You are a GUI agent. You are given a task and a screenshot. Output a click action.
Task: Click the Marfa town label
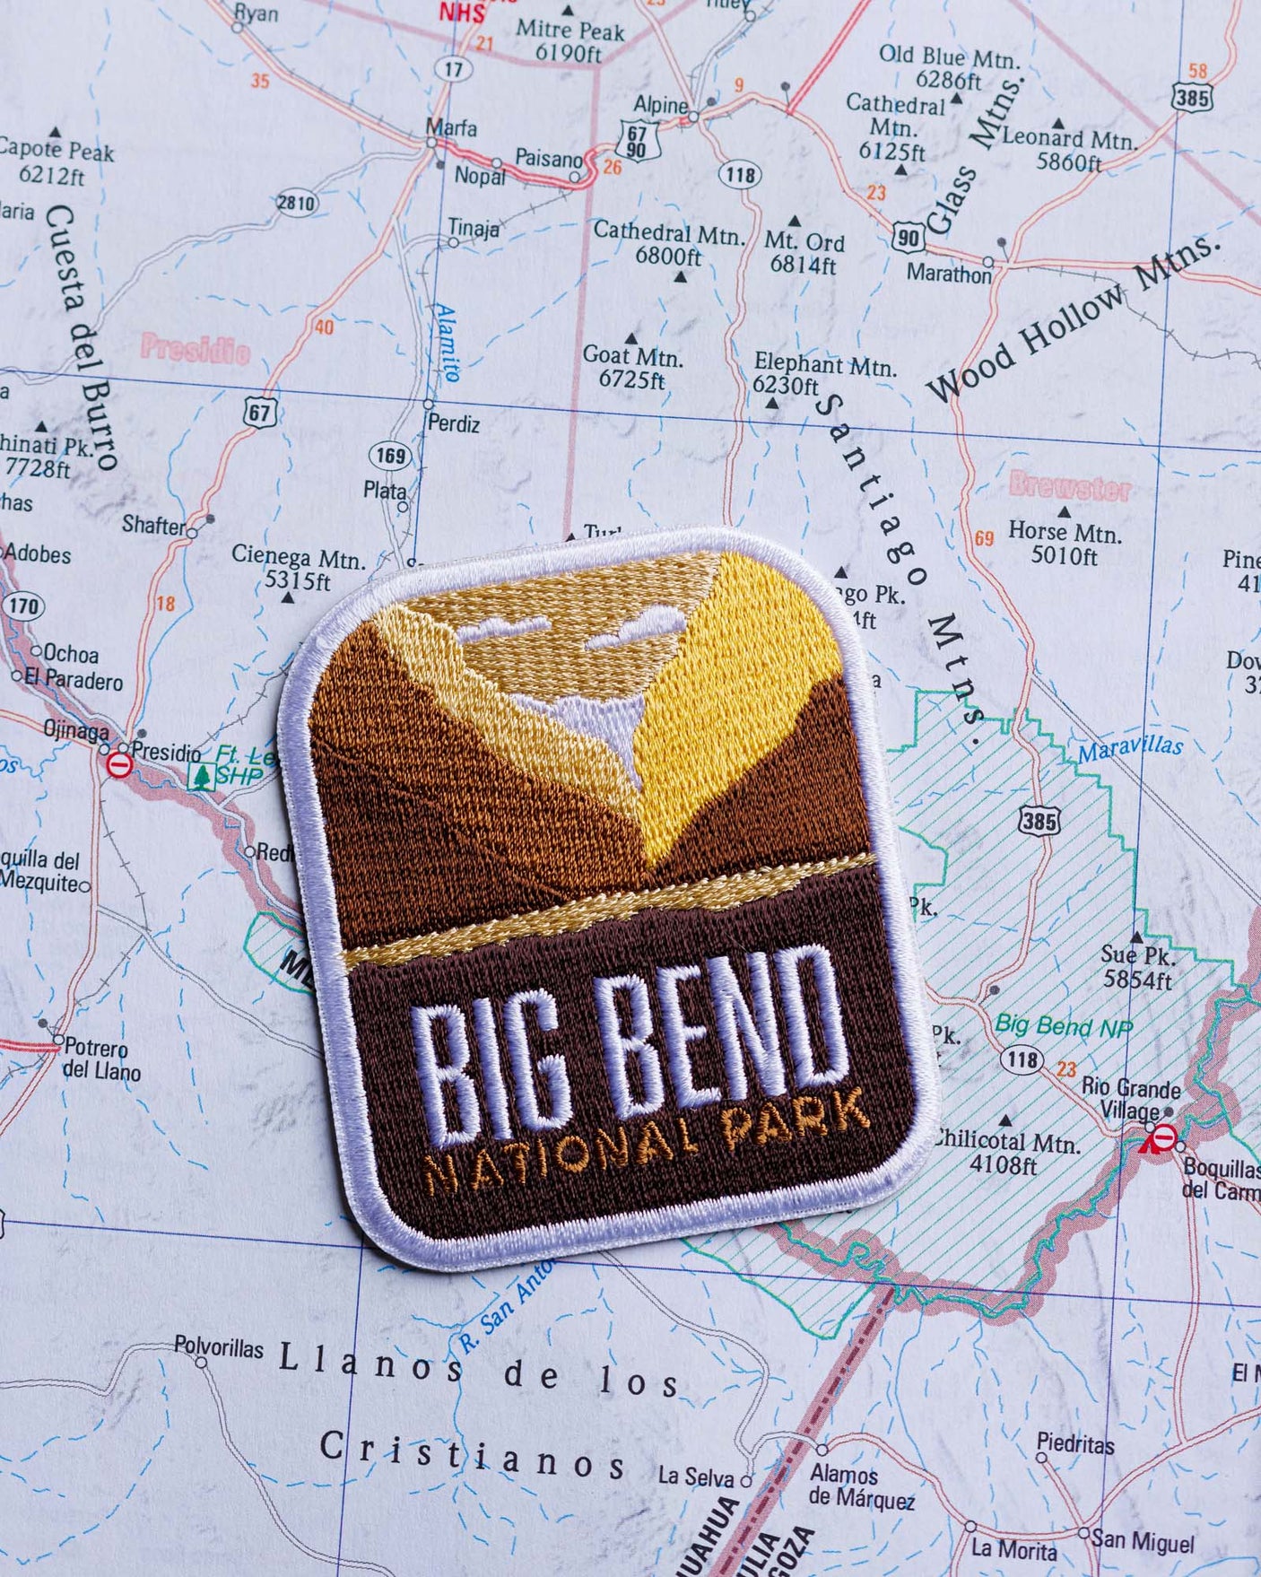click(x=451, y=127)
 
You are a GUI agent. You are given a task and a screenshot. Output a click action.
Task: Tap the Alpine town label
click(x=660, y=106)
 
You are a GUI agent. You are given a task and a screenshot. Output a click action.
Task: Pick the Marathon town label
click(x=948, y=273)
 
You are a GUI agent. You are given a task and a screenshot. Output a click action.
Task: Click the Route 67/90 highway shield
click(x=638, y=142)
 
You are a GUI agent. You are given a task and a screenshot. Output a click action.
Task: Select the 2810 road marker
click(x=296, y=203)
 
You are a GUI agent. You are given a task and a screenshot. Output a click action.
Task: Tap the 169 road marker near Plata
click(x=390, y=456)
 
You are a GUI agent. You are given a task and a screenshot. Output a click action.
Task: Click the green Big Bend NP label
click(x=1064, y=1026)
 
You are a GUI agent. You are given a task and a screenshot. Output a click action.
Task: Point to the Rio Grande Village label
click(x=1130, y=1099)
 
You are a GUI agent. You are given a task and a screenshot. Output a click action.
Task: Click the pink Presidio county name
click(x=195, y=348)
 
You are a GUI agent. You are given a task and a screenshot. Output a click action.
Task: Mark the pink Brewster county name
click(x=1069, y=487)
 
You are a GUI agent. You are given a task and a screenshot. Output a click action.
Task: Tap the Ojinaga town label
click(x=76, y=730)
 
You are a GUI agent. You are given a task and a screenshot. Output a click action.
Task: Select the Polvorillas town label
click(x=219, y=1347)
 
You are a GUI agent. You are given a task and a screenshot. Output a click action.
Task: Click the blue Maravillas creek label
click(x=1130, y=747)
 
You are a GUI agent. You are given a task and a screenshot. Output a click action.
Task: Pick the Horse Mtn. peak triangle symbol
click(x=1065, y=512)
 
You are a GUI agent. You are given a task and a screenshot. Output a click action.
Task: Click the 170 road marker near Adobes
click(x=23, y=606)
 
